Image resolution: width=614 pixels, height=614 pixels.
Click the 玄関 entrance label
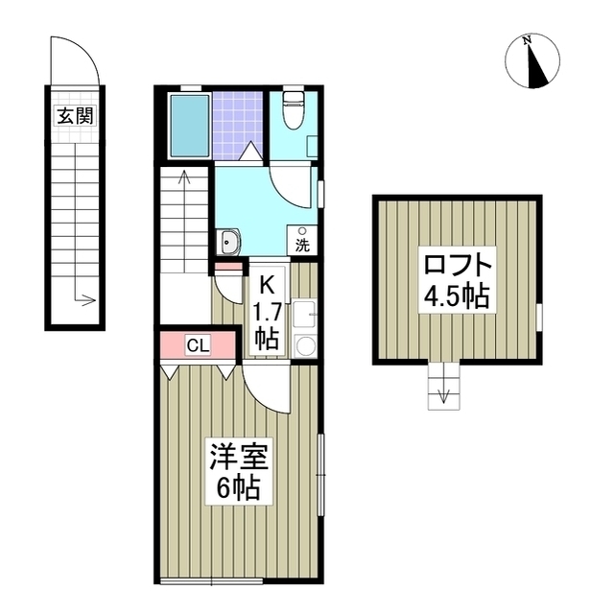(73, 117)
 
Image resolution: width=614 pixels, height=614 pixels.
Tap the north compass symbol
(532, 60)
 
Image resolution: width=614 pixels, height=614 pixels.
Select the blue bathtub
(188, 127)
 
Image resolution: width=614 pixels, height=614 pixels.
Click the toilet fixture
(295, 113)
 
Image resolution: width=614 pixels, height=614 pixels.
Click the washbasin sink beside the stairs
(229, 240)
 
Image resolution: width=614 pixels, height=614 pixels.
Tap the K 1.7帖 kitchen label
(266, 310)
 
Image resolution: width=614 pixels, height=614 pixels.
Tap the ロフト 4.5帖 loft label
(457, 278)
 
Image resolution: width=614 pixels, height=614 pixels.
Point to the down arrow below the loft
(442, 395)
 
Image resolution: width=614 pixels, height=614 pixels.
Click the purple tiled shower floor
(237, 123)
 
